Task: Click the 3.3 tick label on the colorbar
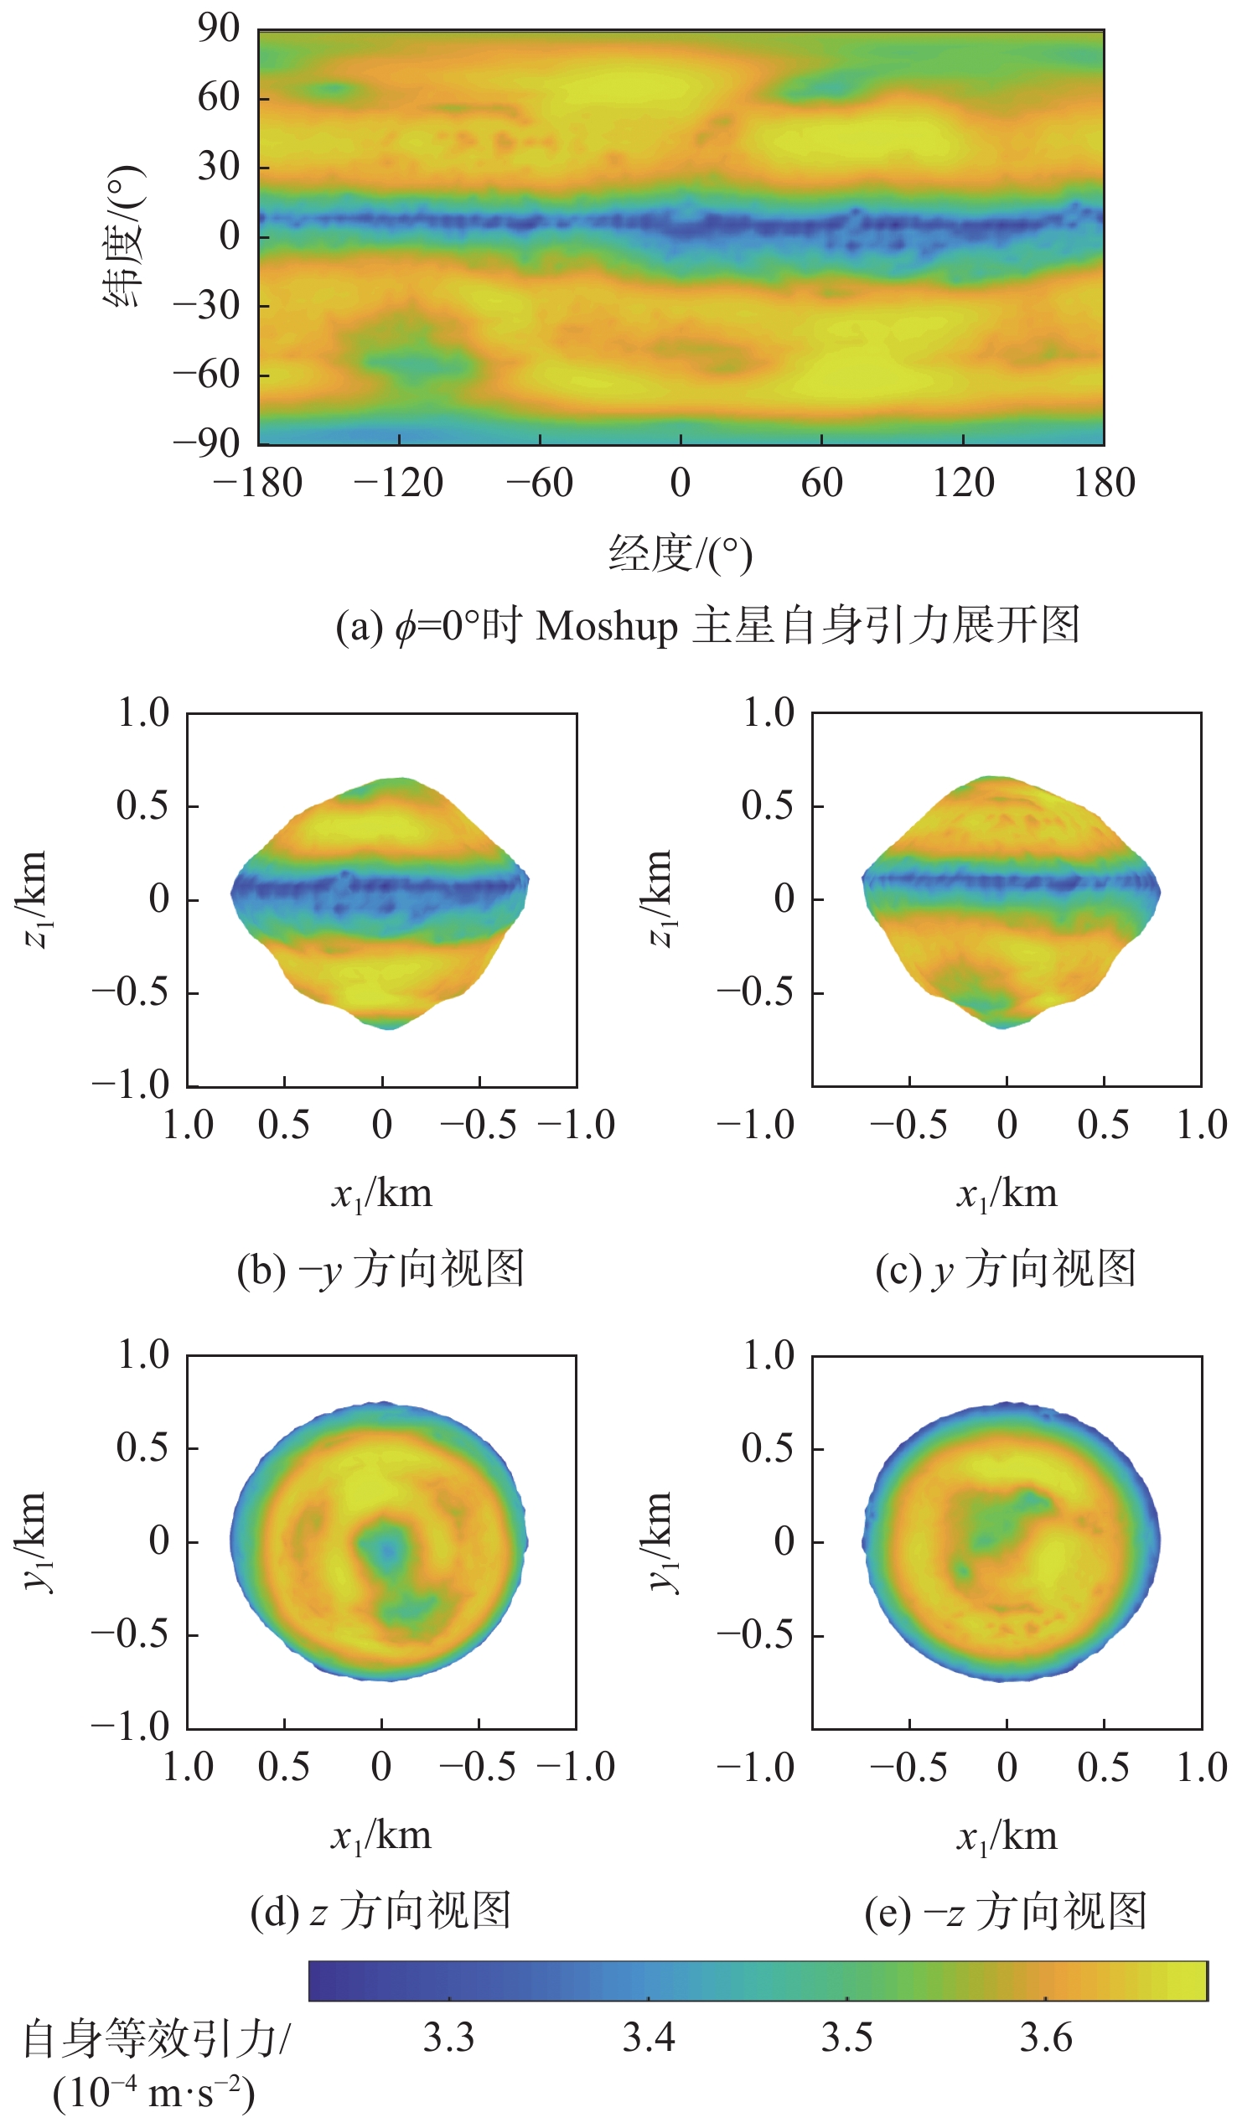click(448, 2038)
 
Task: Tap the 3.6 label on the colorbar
click(1045, 2038)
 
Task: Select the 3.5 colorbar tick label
click(847, 2038)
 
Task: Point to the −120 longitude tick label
click(399, 484)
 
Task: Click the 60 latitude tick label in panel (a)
click(219, 97)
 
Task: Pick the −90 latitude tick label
click(207, 443)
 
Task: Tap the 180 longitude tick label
click(1104, 484)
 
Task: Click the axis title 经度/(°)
click(681, 554)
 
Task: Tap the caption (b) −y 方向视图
click(380, 1270)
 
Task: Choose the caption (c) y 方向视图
click(1006, 1270)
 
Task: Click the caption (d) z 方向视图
click(380, 1912)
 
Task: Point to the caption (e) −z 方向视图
click(1006, 1912)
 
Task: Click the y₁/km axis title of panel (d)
click(35, 1542)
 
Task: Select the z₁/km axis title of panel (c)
click(661, 899)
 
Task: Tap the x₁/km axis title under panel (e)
click(1007, 1836)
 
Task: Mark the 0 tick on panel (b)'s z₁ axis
click(158, 899)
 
